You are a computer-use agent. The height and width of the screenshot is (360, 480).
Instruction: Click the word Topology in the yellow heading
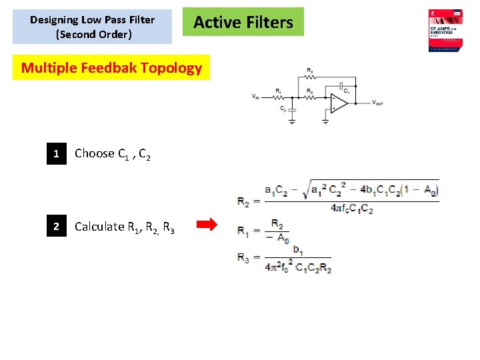[171, 68]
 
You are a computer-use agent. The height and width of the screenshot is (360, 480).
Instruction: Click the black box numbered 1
[57, 154]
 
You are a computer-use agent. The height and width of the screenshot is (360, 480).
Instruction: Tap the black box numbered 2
[57, 227]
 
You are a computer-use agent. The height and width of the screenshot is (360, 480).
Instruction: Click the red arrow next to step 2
[208, 225]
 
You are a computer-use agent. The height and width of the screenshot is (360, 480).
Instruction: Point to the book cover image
[445, 30]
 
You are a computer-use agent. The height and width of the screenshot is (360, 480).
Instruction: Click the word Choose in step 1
[95, 153]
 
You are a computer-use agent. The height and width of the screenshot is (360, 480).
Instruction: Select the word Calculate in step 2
[99, 227]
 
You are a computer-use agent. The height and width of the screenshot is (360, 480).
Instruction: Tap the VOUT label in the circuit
[377, 103]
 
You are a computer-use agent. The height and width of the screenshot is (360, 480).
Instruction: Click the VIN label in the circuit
[256, 97]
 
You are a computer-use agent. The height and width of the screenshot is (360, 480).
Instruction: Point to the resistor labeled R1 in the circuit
[279, 97]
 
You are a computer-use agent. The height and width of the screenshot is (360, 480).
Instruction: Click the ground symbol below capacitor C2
[291, 121]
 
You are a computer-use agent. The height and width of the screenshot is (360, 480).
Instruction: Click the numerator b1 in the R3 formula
[297, 252]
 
